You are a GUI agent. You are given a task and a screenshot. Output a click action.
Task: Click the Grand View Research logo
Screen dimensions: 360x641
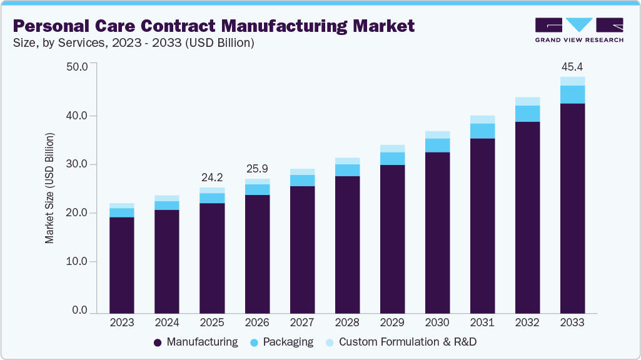pyautogui.click(x=579, y=29)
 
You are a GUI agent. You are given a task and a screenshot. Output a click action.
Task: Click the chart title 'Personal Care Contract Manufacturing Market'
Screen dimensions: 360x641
pyautogui.click(x=213, y=26)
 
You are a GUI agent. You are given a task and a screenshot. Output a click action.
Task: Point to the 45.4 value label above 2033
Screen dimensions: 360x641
pyautogui.click(x=572, y=66)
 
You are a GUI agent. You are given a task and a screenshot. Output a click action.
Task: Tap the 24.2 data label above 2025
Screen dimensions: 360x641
pyautogui.click(x=212, y=177)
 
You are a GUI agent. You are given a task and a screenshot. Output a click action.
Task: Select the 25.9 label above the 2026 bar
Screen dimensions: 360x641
pyautogui.click(x=257, y=168)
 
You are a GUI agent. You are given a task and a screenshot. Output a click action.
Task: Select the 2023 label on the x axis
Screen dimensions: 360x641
pyautogui.click(x=122, y=322)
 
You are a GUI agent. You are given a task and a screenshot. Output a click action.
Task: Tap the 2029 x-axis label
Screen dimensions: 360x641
pyautogui.click(x=392, y=322)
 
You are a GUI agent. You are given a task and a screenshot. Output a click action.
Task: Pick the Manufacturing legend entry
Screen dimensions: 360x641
pyautogui.click(x=196, y=342)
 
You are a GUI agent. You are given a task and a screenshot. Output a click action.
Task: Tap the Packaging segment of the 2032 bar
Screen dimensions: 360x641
pyautogui.click(x=527, y=113)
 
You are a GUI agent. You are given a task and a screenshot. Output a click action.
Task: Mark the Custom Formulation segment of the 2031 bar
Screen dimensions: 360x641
pyautogui.click(x=482, y=119)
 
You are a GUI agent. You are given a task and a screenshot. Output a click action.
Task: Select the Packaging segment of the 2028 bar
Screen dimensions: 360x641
pyautogui.click(x=347, y=170)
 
